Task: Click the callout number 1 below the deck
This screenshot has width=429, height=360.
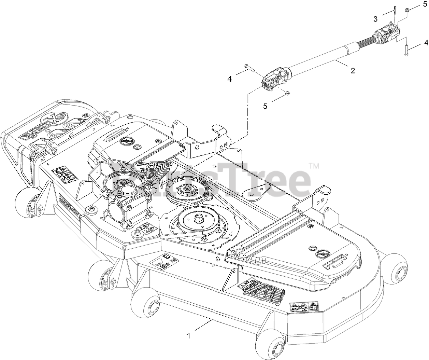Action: [x=189, y=336]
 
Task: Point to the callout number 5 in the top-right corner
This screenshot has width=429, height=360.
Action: [x=425, y=4]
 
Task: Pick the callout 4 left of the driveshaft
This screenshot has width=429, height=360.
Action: [x=229, y=79]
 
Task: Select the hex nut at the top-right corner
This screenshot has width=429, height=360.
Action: [x=407, y=11]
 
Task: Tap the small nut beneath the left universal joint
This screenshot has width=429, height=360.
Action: [x=287, y=92]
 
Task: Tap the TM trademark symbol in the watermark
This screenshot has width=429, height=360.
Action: [x=314, y=166]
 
